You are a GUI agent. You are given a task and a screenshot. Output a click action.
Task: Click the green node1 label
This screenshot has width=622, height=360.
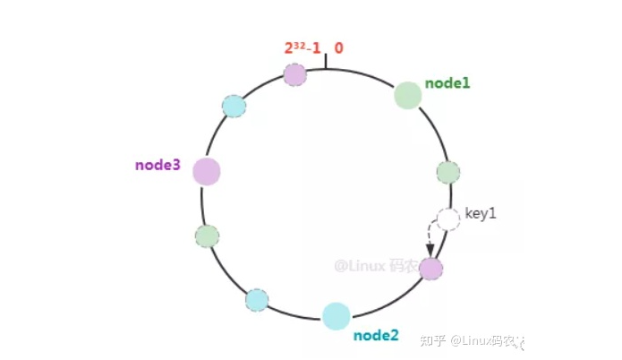[447, 82]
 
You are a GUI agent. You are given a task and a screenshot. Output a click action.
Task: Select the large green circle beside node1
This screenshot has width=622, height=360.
[407, 96]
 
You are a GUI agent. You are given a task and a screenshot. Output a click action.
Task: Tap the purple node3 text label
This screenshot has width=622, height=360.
[158, 165]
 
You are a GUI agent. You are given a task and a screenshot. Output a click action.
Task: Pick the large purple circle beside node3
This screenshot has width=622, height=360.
[206, 171]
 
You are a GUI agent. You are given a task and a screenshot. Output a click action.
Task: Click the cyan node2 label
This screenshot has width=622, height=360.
[375, 336]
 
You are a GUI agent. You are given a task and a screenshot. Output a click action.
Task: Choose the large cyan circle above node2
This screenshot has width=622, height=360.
[336, 315]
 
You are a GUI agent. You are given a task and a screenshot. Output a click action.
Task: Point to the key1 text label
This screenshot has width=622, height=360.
[480, 215]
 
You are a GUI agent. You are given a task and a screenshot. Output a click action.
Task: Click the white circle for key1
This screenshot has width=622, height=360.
[447, 219]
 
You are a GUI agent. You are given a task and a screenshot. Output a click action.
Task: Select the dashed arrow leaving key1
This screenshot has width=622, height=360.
[429, 240]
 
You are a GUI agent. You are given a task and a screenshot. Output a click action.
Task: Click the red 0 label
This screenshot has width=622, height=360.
[339, 47]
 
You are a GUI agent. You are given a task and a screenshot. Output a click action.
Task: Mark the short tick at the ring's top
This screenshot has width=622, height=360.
[326, 61]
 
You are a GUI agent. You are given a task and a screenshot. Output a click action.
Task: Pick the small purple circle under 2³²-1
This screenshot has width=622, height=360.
[294, 74]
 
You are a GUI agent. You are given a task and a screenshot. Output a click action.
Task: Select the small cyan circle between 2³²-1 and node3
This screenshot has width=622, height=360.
[234, 106]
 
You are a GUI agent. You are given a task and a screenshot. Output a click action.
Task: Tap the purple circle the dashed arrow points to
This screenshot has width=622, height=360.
[430, 268]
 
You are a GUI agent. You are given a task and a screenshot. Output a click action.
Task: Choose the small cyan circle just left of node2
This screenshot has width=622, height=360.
[257, 299]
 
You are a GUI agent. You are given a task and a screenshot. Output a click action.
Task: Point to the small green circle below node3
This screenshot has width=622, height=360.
[207, 236]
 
